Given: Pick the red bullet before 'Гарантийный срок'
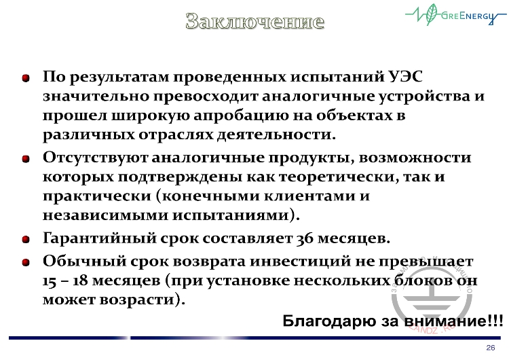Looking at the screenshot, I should click(x=26, y=239).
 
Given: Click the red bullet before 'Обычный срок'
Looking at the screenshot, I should click(x=26, y=261).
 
